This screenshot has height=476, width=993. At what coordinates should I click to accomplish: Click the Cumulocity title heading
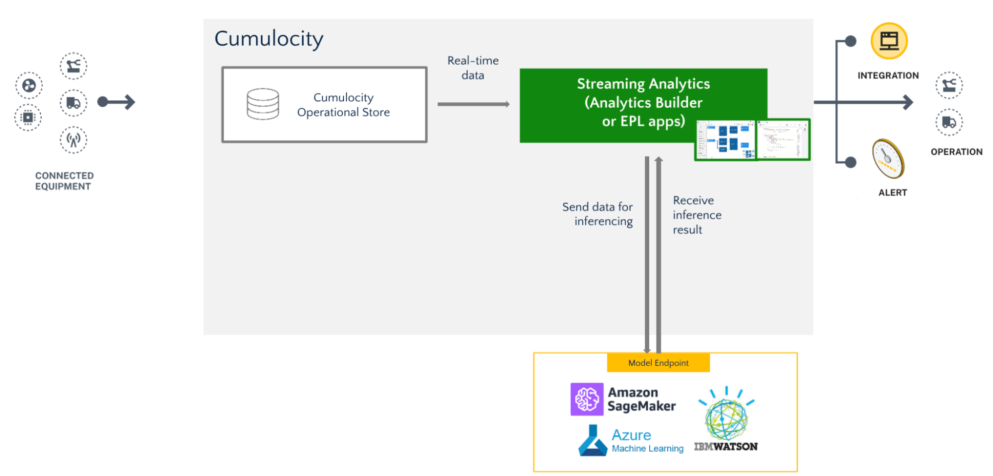268,39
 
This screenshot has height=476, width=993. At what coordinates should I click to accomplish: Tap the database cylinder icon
263,104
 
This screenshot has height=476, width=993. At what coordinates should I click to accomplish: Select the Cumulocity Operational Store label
343,105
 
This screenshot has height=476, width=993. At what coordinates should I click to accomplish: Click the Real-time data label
473,68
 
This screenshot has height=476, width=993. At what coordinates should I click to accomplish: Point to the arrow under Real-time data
473,104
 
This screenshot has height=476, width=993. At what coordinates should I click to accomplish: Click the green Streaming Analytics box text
643,102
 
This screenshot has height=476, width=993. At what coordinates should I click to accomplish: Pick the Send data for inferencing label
598,214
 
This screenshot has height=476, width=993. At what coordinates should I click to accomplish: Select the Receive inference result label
697,215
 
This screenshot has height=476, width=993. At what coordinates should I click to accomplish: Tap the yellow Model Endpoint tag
658,363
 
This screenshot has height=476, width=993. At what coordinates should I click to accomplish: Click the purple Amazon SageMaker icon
587,399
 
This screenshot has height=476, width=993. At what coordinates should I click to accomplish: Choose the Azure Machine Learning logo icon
593,441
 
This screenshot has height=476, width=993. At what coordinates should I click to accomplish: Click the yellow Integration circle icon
889,41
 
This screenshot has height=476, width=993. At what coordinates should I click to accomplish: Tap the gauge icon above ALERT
888,159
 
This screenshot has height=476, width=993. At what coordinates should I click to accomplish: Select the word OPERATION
956,152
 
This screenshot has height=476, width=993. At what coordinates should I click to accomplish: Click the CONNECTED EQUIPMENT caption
64,181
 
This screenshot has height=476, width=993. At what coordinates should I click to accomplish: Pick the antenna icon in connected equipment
74,140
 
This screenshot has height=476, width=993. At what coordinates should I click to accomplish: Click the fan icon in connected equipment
29,86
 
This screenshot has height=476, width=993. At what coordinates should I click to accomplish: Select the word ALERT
892,193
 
